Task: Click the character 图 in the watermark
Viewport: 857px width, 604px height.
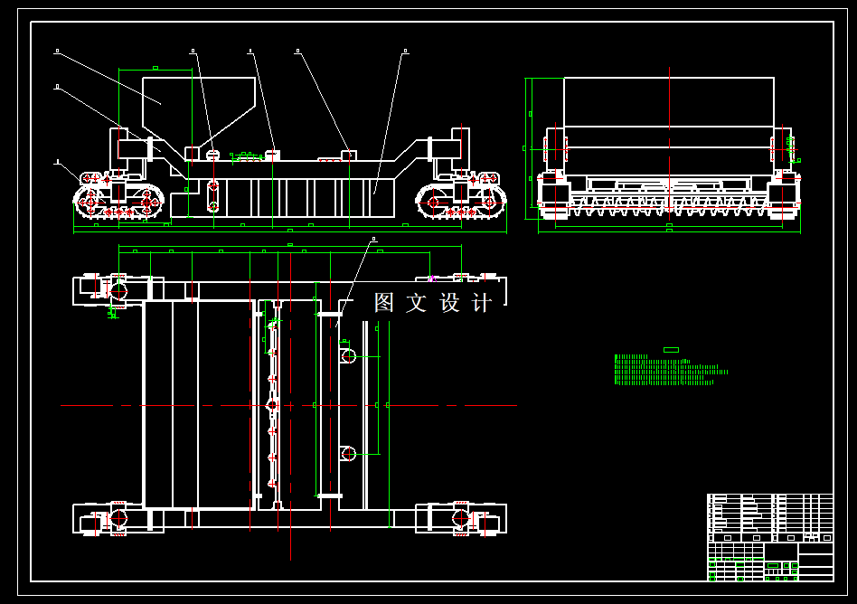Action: [x=384, y=303]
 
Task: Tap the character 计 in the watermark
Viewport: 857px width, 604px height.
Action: [x=483, y=303]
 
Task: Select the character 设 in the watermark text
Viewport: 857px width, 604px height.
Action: [x=450, y=303]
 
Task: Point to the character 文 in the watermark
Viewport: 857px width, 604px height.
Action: [x=417, y=303]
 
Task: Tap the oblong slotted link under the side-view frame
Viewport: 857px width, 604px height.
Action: [x=213, y=196]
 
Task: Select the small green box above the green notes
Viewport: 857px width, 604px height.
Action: [x=671, y=350]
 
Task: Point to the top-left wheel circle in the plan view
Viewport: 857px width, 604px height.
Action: [x=118, y=289]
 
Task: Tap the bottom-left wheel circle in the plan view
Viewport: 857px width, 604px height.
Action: [x=118, y=519]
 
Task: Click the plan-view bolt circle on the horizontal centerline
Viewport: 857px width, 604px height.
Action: [x=272, y=406]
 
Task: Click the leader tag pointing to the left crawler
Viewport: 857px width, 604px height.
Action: [x=58, y=163]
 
